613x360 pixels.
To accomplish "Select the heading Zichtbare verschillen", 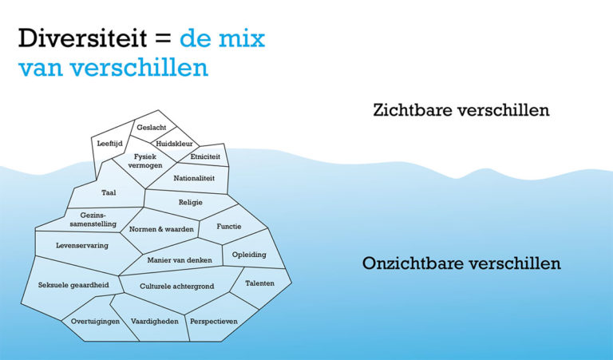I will click(461, 110).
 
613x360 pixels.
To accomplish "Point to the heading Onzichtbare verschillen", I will click(461, 263).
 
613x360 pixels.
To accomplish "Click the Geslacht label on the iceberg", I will click(151, 128).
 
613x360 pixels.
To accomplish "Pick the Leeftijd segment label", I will click(111, 144).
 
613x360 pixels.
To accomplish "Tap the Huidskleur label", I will click(174, 144).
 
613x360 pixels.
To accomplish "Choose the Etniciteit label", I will click(205, 157).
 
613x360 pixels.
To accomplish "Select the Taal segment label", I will click(109, 193).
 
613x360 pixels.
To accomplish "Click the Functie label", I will click(228, 227).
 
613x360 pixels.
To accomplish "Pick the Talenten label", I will click(259, 283).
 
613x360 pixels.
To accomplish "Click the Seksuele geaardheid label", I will click(71, 284).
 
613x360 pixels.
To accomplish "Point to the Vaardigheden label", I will click(154, 321).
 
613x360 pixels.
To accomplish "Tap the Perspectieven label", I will click(213, 321).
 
